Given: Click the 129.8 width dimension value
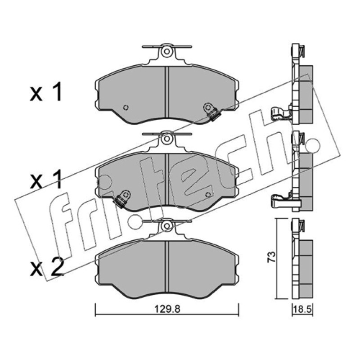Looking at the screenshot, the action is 167,309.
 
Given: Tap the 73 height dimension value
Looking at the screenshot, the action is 272,257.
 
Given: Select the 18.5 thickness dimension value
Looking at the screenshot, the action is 302,310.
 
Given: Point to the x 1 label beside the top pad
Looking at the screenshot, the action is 46,92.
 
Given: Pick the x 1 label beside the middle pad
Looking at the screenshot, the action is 46,179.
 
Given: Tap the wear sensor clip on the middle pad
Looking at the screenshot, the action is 122,198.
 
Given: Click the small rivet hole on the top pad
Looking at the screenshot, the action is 126,107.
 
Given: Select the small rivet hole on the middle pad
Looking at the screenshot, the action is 208,195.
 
